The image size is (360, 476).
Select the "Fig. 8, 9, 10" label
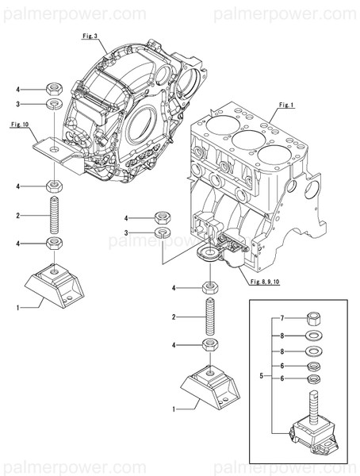(266, 282)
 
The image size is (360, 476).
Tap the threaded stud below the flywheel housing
(53, 215)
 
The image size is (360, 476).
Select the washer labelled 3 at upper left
(53, 105)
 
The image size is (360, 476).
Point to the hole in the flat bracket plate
(53, 148)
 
